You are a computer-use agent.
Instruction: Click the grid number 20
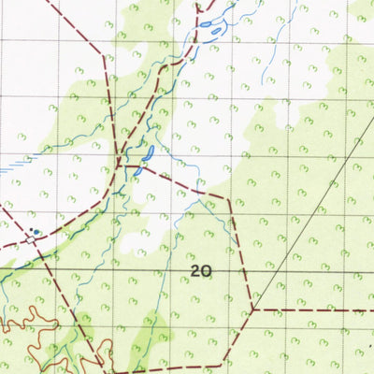point(200,271)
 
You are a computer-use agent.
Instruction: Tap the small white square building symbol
point(31,239)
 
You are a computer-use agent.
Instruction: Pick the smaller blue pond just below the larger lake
point(137,171)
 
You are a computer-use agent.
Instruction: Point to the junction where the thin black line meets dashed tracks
point(252,308)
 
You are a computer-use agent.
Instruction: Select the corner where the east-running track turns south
point(227,198)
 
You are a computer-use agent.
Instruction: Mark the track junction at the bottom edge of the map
point(101,363)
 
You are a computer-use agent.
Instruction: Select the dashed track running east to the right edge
point(318,309)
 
